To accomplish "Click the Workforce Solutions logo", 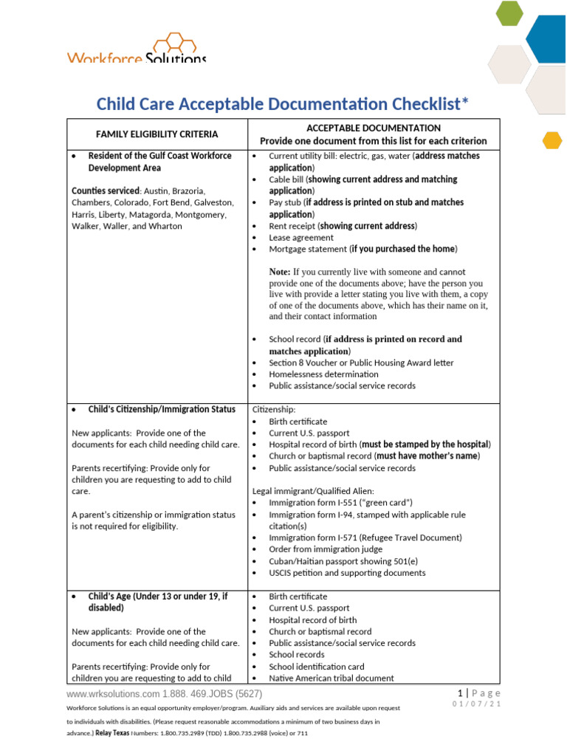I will click(137, 49).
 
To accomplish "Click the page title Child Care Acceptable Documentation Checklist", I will click(283, 103).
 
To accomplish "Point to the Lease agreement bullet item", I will click(300, 238).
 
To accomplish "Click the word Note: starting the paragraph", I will click(280, 272).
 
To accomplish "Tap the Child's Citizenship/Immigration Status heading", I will click(162, 409).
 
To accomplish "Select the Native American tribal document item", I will click(331, 678).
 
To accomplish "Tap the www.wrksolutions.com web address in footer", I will click(113, 695).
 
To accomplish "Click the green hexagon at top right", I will click(509, 12).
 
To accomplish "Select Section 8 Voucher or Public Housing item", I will click(361, 362).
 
